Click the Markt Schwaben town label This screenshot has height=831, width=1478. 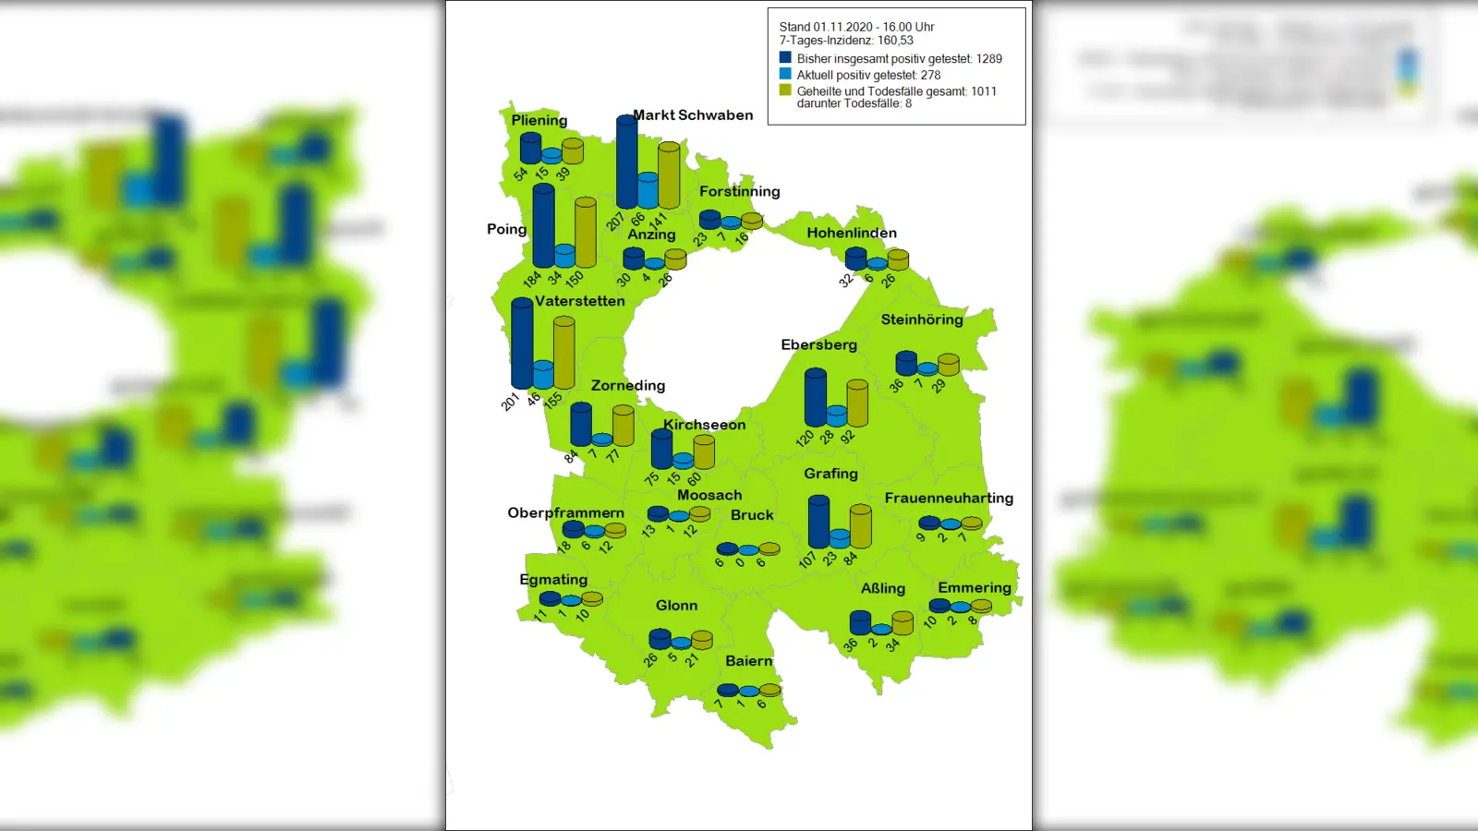coord(693,115)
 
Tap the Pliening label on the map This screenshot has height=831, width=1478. coord(539,120)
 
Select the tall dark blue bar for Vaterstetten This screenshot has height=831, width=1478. coord(522,343)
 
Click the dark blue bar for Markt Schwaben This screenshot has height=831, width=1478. coord(626,163)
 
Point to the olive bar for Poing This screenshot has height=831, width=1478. coord(585,233)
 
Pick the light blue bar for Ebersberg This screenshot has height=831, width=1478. coord(837,415)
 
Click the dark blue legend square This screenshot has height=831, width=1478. coord(785,57)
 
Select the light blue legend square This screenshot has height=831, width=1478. coord(785,74)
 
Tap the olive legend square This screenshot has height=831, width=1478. coord(785,90)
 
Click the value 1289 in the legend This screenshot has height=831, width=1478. coord(988,59)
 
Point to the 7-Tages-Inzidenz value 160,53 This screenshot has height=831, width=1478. coord(895,41)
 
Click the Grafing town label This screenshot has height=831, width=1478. coord(830,474)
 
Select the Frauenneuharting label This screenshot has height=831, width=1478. coord(949,499)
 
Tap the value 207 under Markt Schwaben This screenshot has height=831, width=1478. coord(615,223)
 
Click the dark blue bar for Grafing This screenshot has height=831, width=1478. coord(818,523)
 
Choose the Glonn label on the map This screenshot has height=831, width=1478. coord(676,606)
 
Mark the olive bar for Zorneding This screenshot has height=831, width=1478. coord(624,426)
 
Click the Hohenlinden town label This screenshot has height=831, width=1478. coord(852,234)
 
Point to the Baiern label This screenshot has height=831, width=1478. coord(748,661)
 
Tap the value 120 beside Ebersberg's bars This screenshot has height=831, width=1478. coord(805,438)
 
